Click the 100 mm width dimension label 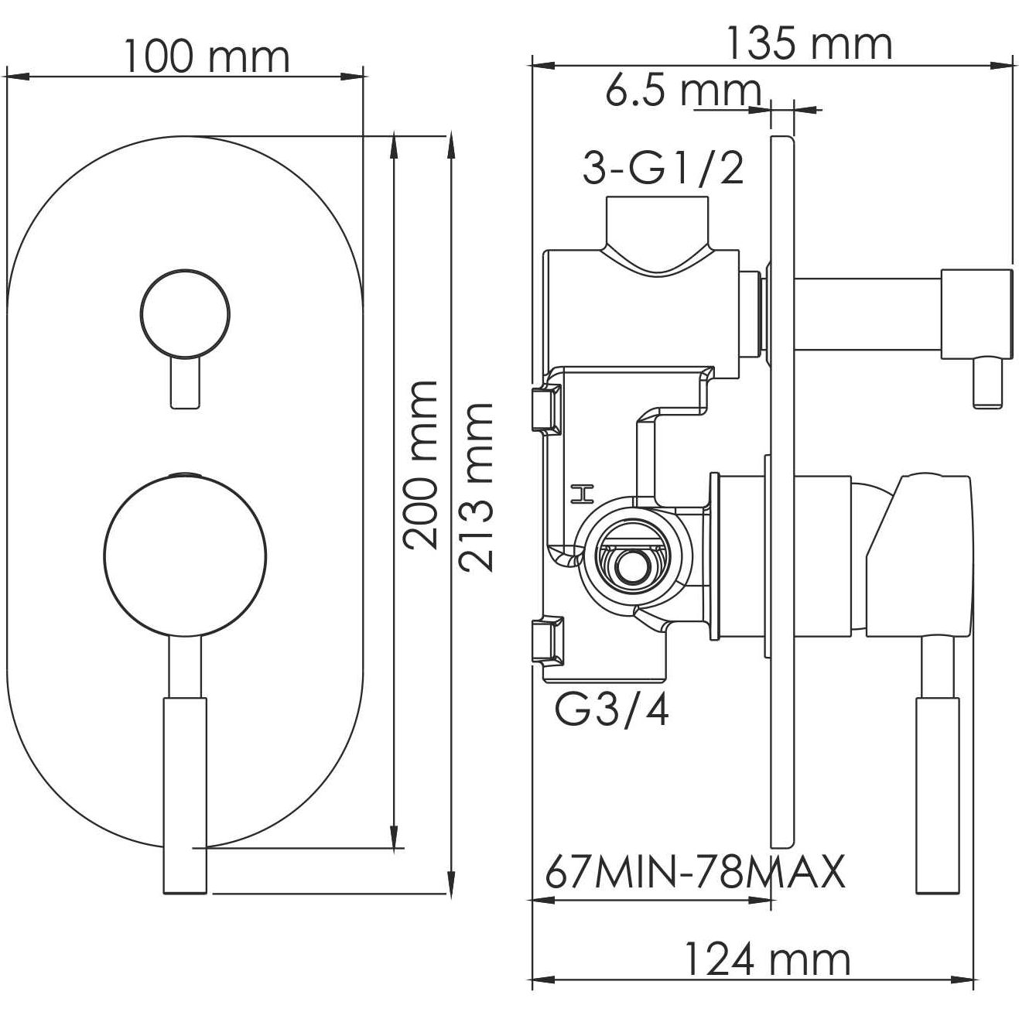(207, 56)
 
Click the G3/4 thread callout (612, 710)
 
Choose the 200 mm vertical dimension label (422, 464)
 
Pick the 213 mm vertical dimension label (476, 487)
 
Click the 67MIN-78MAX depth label (694, 873)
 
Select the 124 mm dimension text (767, 960)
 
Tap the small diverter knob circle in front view (185, 315)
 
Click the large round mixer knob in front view (185, 556)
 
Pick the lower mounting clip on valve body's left (548, 640)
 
